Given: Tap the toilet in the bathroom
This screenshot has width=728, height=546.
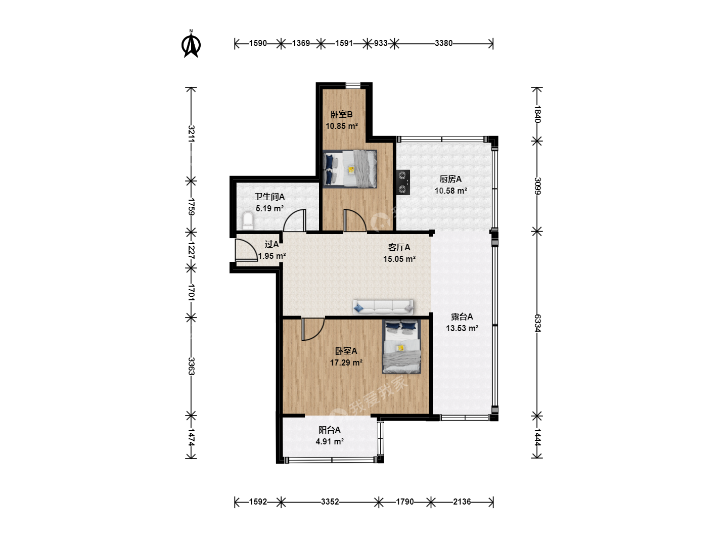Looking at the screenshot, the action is pyautogui.click(x=247, y=221).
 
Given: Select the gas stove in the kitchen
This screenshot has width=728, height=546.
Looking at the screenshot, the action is pyautogui.click(x=403, y=183).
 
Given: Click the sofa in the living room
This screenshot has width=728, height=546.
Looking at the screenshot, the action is pyautogui.click(x=383, y=307).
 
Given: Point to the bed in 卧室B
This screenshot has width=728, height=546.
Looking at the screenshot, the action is pyautogui.click(x=350, y=169).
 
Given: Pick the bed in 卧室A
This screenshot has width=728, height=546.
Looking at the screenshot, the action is pyautogui.click(x=401, y=346).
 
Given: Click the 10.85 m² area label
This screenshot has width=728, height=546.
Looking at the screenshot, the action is pyautogui.click(x=342, y=126).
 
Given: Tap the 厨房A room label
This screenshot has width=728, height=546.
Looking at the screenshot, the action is pyautogui.click(x=450, y=179).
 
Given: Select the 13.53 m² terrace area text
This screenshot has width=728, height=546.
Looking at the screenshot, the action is pyautogui.click(x=462, y=329).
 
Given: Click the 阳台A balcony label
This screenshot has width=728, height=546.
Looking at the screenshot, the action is pyautogui.click(x=329, y=430).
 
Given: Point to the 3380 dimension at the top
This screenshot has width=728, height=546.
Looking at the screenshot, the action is pyautogui.click(x=443, y=43).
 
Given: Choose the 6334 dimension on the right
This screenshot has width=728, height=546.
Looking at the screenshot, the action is pyautogui.click(x=537, y=323).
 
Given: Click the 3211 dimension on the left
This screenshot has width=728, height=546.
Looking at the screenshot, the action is pyautogui.click(x=192, y=134).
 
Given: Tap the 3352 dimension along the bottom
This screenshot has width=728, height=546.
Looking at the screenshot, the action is pyautogui.click(x=330, y=502).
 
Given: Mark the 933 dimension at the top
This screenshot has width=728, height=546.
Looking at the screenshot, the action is pyautogui.click(x=381, y=43).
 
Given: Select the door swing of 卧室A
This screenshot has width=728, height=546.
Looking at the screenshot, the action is pyautogui.click(x=313, y=329).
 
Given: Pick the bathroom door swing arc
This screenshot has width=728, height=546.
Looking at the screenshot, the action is pyautogui.click(x=294, y=220).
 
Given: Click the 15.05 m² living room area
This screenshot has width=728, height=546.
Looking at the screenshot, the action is pyautogui.click(x=400, y=259).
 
